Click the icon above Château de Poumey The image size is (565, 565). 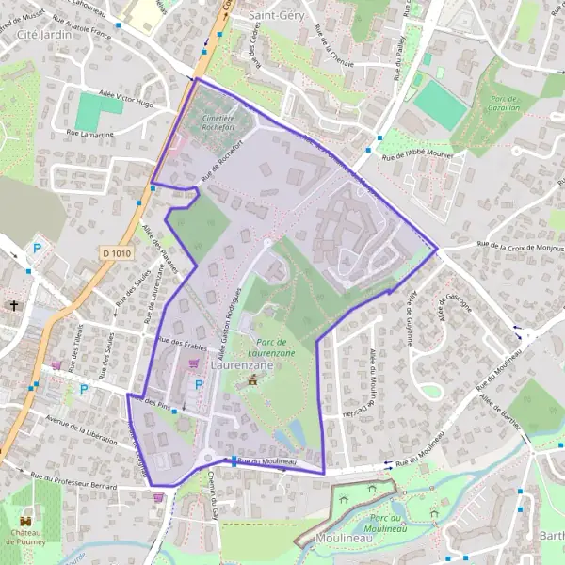[x=26, y=518]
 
